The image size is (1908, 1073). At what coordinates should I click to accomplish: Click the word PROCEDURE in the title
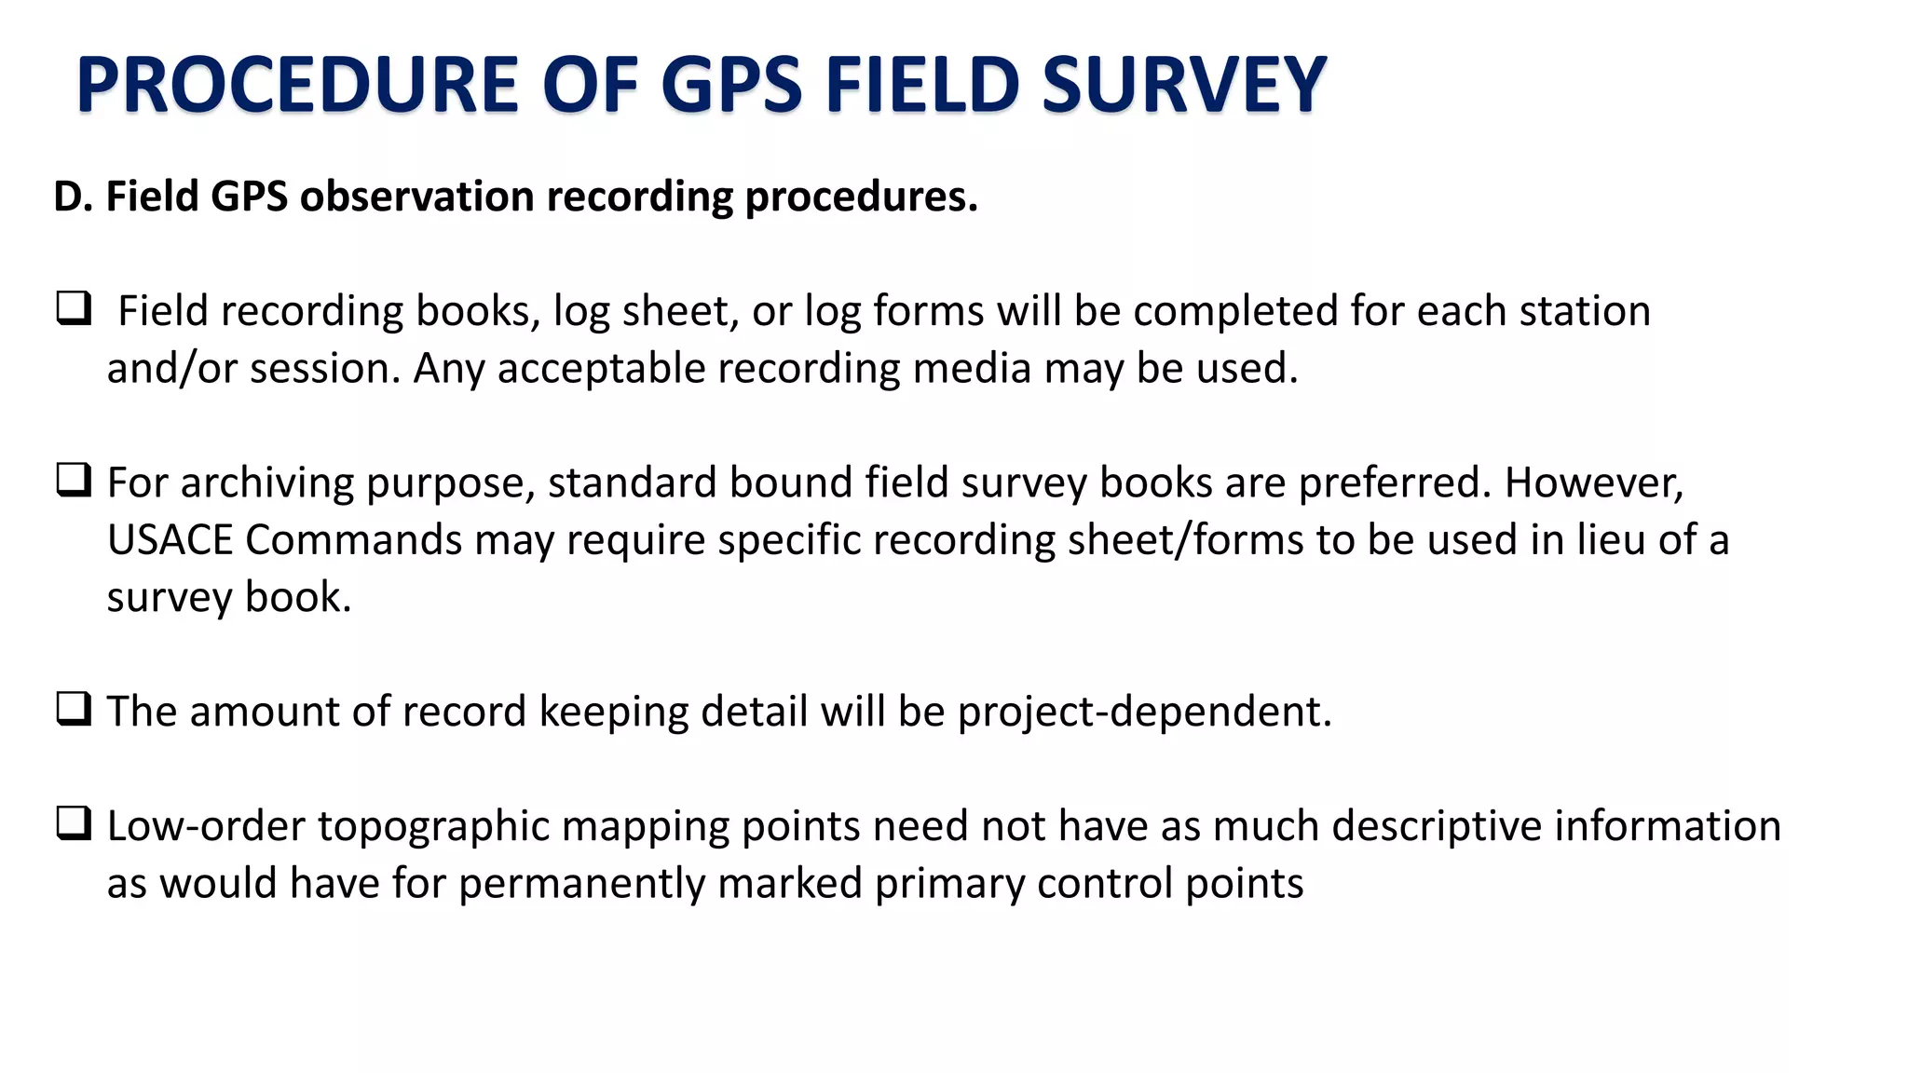(x=297, y=85)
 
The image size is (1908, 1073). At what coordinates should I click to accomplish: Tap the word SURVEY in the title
(x=1183, y=85)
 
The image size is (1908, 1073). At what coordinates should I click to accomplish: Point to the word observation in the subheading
(x=416, y=197)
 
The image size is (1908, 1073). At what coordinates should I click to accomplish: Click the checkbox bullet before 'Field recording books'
(x=74, y=308)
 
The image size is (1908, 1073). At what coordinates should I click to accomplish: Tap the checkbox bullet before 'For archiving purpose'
(x=74, y=480)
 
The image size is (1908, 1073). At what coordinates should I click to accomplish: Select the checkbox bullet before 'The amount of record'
(x=74, y=709)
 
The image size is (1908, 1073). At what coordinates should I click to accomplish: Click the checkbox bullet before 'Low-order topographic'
(x=74, y=823)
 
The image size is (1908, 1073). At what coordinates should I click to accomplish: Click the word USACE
(x=170, y=540)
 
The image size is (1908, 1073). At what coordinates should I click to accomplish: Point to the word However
(x=1593, y=483)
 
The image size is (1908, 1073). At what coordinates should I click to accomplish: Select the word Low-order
(x=206, y=826)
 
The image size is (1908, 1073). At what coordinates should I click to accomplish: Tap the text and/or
(x=172, y=369)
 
